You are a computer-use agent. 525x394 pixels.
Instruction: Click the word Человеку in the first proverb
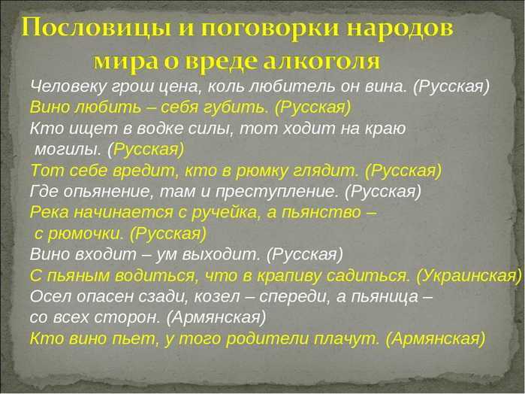click(x=68, y=87)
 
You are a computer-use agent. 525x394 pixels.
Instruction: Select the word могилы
click(x=68, y=150)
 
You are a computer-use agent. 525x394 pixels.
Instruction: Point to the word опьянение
click(x=107, y=192)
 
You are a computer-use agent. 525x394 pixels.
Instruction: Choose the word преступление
click(x=276, y=192)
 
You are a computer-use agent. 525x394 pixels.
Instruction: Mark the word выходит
click(x=222, y=255)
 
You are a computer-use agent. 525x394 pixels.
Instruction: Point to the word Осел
click(x=50, y=297)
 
